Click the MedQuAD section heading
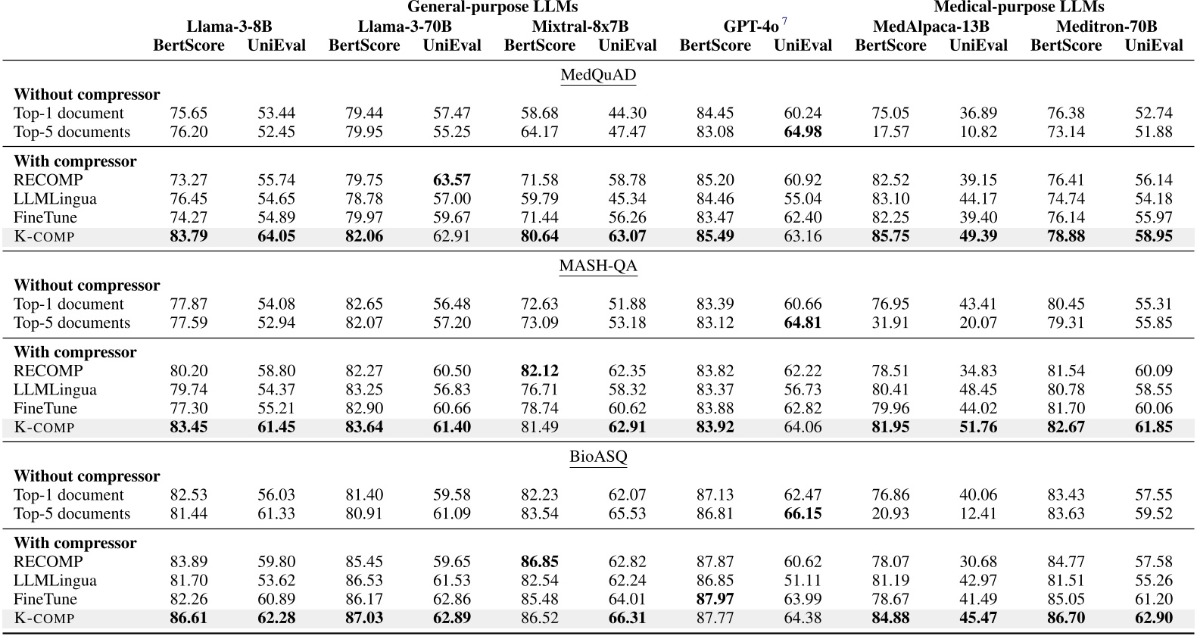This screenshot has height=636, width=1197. [x=598, y=75]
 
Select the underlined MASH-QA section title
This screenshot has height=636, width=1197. [x=598, y=266]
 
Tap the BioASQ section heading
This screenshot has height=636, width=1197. [x=598, y=457]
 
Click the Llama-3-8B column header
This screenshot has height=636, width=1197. [x=229, y=26]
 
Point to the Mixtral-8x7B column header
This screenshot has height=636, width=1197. [x=580, y=26]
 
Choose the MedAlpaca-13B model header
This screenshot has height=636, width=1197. [x=930, y=26]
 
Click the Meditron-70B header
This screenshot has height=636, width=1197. [x=1106, y=26]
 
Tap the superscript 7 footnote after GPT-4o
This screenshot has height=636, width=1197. [x=784, y=22]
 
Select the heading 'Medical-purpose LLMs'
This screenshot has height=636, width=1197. [x=1018, y=8]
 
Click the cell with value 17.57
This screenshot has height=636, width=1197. [x=890, y=132]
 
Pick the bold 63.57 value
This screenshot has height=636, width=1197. [x=452, y=180]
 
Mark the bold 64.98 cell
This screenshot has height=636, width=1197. [x=803, y=132]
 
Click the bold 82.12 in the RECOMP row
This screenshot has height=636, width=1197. [x=540, y=371]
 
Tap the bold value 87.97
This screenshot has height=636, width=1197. [x=715, y=599]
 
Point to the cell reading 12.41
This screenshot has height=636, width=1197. [x=978, y=513]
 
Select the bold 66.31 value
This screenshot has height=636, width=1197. [x=628, y=618]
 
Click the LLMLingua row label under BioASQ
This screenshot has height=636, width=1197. [x=55, y=581]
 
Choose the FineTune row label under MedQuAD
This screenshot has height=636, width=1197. [x=45, y=217]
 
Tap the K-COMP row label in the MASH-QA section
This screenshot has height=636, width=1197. [x=45, y=427]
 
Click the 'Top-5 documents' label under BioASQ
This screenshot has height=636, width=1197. [x=72, y=513]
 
